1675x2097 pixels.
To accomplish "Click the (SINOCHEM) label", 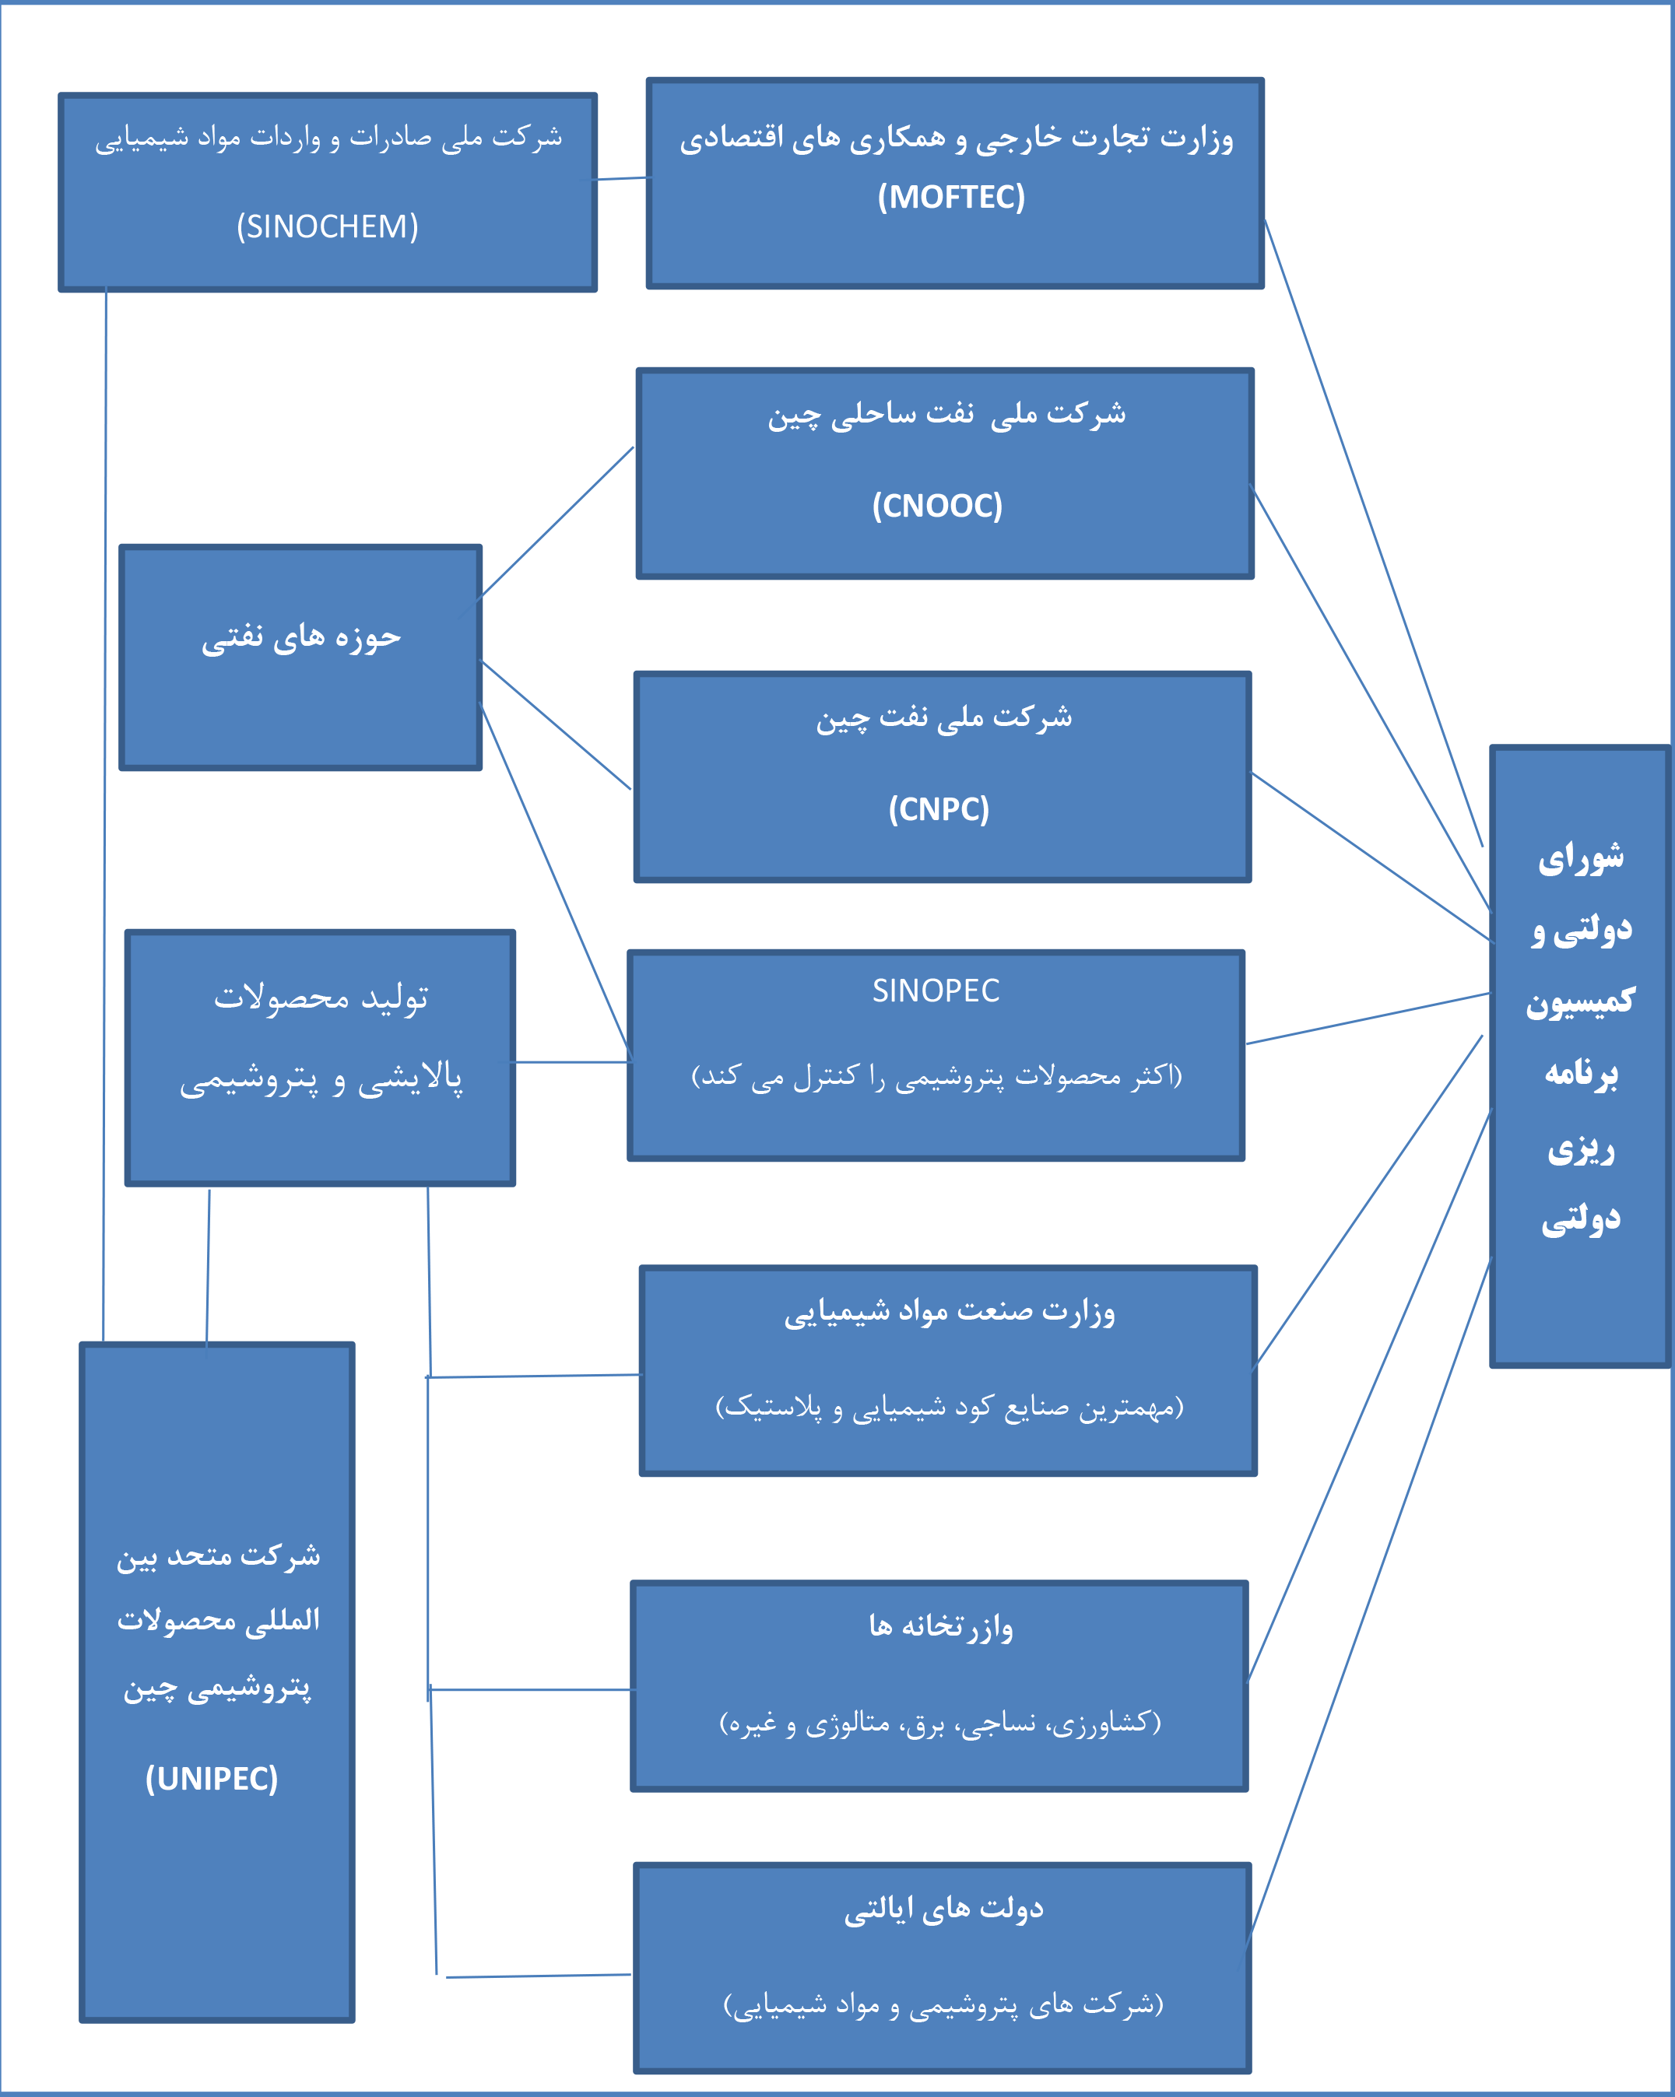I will pyautogui.click(x=328, y=226).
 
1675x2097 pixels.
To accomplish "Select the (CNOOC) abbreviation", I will pyautogui.click(x=936, y=506).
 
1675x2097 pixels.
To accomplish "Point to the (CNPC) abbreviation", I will pyautogui.click(x=939, y=809).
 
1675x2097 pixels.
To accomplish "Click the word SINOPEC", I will pyautogui.click(x=936, y=990).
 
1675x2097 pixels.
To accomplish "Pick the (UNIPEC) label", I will pyautogui.click(x=212, y=1778).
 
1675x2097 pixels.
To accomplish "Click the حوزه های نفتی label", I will pyautogui.click(x=300, y=637).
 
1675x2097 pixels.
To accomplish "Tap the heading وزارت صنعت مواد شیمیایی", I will pyautogui.click(x=950, y=1312).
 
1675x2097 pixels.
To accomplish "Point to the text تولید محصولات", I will pyautogui.click(x=321, y=998).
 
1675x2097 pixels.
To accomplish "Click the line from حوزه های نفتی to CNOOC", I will pyautogui.click(x=557, y=522).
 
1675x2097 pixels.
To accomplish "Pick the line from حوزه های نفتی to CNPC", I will pyautogui.click(x=557, y=725).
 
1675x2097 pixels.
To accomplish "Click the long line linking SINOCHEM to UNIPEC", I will pyautogui.click(x=105, y=817).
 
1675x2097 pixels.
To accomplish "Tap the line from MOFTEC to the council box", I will pyautogui.click(x=1374, y=533).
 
